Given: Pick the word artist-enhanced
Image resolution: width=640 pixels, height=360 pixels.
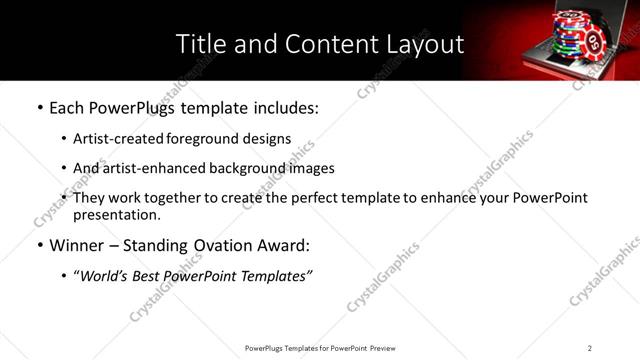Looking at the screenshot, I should click(152, 168).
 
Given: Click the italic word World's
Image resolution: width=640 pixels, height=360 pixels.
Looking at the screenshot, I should click(104, 275).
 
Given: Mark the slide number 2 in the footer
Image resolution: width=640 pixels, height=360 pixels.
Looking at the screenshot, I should click(590, 348).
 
